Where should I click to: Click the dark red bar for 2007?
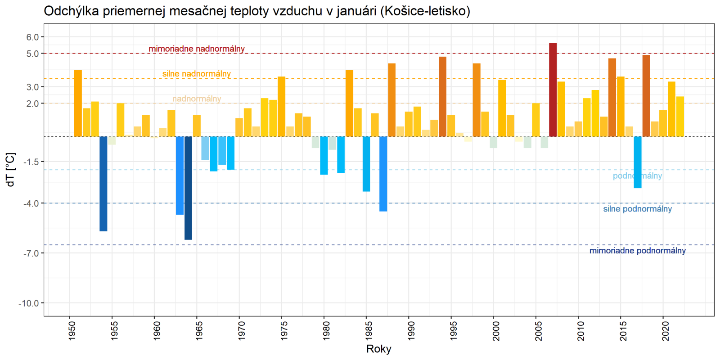pyautogui.click(x=553, y=90)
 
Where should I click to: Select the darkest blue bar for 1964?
pyautogui.click(x=188, y=188)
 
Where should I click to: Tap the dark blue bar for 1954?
pyautogui.click(x=103, y=184)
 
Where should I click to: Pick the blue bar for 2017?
pyautogui.click(x=638, y=162)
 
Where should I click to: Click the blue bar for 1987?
pyautogui.click(x=383, y=174)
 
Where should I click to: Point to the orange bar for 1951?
pyautogui.click(x=78, y=103)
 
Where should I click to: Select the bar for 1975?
pyautogui.click(x=282, y=106)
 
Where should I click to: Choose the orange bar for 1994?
pyautogui.click(x=443, y=96)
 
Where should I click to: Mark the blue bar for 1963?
pyautogui.click(x=180, y=175)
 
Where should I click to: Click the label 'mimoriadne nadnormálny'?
pyautogui.click(x=197, y=49)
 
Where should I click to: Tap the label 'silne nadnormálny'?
pyautogui.click(x=197, y=74)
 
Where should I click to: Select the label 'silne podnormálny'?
pyautogui.click(x=637, y=209)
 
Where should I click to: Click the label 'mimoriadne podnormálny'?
pyautogui.click(x=637, y=251)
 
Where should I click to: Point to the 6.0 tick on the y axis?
pyautogui.click(x=32, y=37)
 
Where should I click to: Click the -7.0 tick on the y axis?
pyautogui.click(x=31, y=253)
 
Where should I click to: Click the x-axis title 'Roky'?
pyautogui.click(x=378, y=349)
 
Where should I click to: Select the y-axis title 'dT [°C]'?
pyautogui.click(x=10, y=170)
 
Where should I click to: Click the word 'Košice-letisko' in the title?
pyautogui.click(x=424, y=11)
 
